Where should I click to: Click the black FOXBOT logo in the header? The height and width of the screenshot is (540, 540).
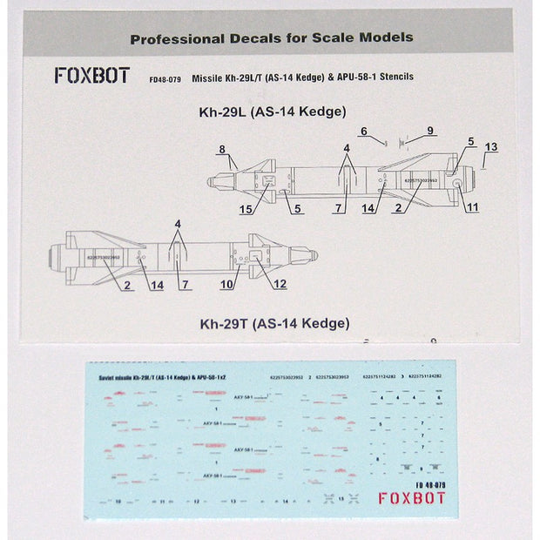(91, 76)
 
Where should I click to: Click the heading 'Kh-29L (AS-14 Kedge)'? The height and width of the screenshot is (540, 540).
(271, 111)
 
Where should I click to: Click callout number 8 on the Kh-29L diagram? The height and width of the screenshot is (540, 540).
(222, 149)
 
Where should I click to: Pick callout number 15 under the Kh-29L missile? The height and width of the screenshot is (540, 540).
(247, 209)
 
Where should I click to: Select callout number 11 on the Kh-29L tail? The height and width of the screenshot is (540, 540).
(473, 209)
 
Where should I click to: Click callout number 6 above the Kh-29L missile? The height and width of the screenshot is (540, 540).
(362, 131)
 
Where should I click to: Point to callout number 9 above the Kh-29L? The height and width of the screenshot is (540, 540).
(429, 131)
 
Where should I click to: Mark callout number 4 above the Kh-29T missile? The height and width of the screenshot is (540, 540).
(178, 223)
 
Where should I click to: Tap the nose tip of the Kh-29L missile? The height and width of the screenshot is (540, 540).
(208, 181)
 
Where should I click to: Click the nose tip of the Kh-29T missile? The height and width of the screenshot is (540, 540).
(317, 255)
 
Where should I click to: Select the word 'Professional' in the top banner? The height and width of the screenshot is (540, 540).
(174, 38)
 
